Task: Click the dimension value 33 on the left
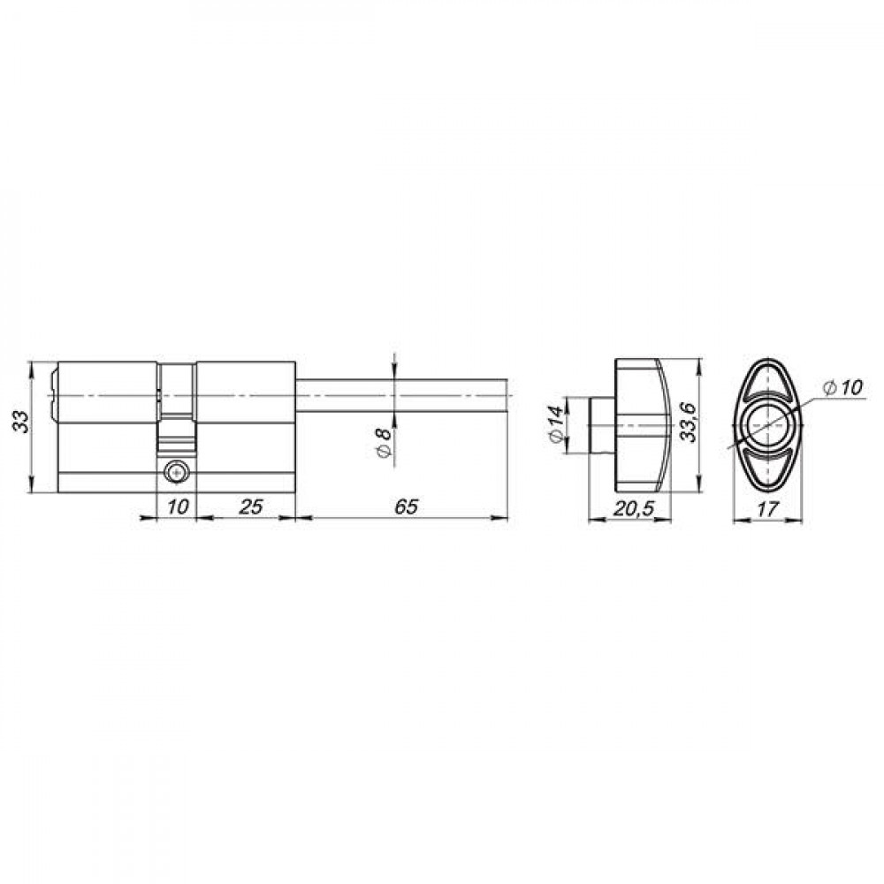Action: point(21,421)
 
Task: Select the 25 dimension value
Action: point(251,507)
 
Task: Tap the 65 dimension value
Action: point(406,507)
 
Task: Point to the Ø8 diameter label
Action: point(383,442)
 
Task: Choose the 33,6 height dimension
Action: point(687,421)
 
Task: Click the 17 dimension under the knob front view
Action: point(767,508)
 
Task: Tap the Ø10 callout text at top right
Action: point(842,387)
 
